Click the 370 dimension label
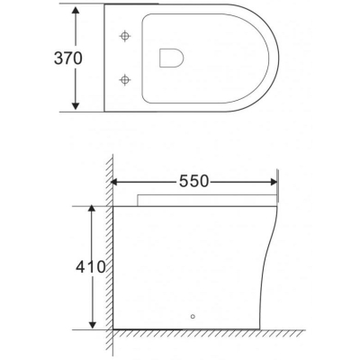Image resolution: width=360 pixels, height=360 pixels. tap(67, 58)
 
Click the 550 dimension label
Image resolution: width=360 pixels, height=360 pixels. tap(193, 181)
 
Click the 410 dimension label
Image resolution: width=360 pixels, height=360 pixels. tap(91, 266)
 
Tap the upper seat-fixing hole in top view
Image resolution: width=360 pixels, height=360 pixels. tap(125, 36)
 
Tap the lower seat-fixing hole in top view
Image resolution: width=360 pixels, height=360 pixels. tap(125, 80)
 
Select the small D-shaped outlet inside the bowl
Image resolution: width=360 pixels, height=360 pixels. tap(172, 58)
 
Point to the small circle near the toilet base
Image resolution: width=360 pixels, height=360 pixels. tap(193, 317)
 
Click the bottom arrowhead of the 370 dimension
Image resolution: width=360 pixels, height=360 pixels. tap(76, 105)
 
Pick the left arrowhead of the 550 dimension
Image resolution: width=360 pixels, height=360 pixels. tap(114, 182)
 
